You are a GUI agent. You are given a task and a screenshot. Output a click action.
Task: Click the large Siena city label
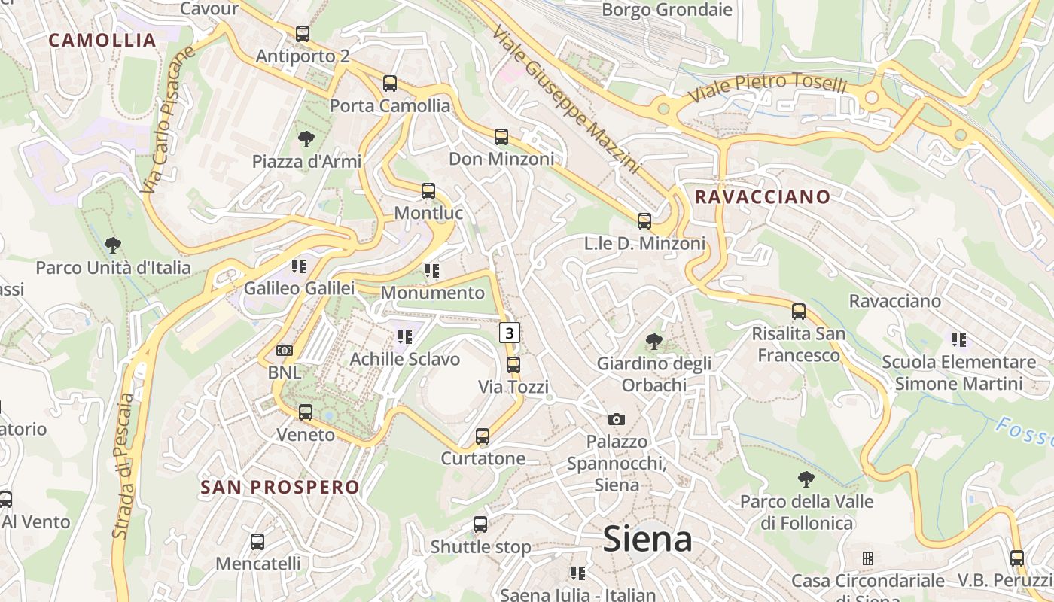point(647,539)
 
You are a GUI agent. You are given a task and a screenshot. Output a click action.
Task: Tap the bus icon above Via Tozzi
point(513,365)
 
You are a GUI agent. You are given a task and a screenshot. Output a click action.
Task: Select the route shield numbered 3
point(510,332)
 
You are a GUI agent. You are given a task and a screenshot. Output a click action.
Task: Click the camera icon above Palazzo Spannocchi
point(617,419)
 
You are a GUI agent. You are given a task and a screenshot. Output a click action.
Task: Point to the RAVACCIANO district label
point(763,197)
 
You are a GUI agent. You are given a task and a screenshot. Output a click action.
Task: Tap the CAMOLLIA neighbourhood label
point(102,41)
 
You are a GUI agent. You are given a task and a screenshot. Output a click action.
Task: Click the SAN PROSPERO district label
point(280,487)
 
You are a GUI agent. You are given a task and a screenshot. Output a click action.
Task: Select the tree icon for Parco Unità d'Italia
point(113,245)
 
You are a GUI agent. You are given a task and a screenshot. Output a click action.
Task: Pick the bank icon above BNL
point(285,351)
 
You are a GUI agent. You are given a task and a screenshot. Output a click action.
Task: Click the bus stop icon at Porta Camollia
point(390,84)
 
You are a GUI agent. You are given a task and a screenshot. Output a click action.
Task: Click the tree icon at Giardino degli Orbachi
point(654,342)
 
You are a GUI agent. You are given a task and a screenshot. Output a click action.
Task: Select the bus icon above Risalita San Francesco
point(799,311)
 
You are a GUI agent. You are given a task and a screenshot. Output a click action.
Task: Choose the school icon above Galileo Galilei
point(299,266)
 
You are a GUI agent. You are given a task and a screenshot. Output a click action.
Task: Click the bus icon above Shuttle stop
point(480,524)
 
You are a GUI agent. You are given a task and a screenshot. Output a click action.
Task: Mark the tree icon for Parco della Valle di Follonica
point(806,479)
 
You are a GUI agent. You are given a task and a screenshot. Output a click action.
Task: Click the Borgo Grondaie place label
point(667,10)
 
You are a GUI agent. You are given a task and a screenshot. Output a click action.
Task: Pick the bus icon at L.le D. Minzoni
point(644,221)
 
